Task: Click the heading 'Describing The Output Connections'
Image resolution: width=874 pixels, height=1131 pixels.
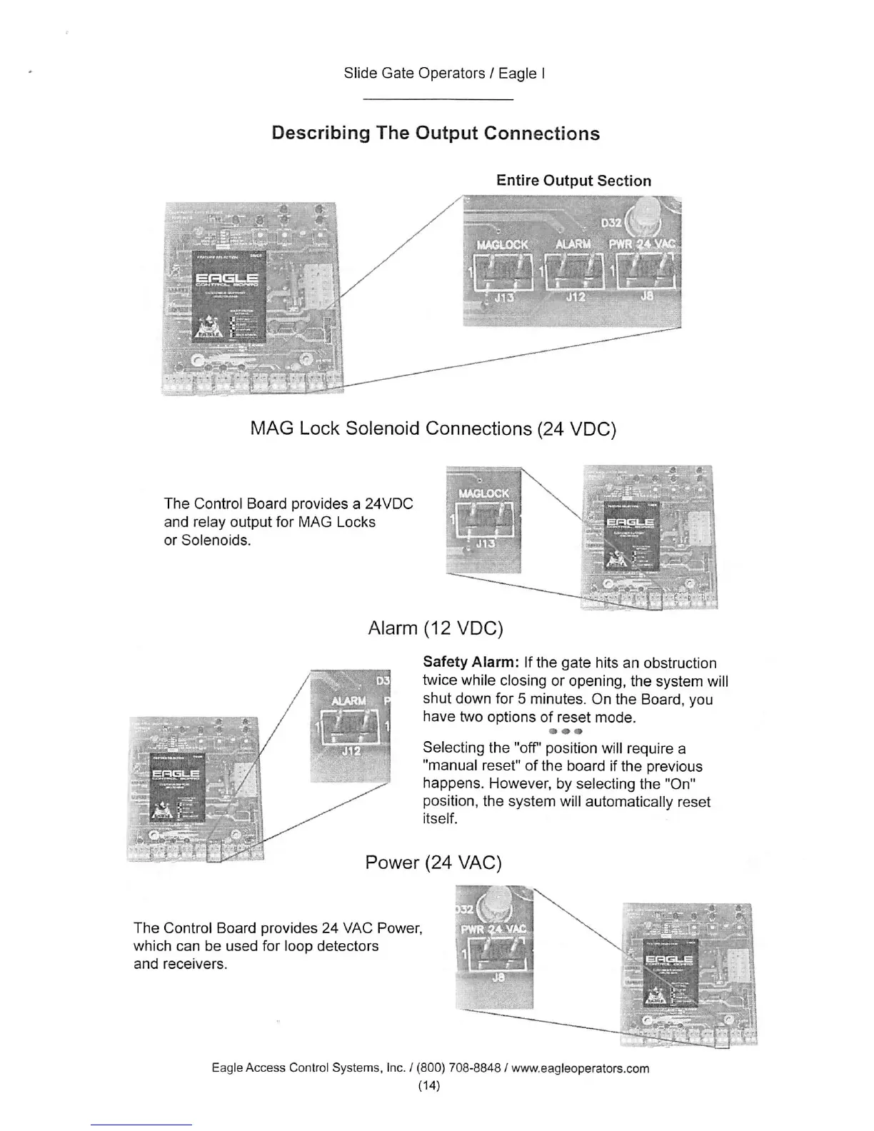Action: click(x=436, y=134)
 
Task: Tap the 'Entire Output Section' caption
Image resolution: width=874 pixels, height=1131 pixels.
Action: click(x=573, y=181)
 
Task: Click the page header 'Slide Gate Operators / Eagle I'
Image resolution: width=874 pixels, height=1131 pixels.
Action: click(x=444, y=73)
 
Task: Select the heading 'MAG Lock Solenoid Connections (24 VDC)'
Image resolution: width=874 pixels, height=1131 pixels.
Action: click(x=433, y=428)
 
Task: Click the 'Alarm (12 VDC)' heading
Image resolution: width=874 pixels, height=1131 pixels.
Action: click(x=435, y=628)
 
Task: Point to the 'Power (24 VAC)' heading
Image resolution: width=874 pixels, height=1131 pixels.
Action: click(x=433, y=863)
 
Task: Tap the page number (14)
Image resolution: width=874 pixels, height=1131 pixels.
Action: click(x=429, y=1085)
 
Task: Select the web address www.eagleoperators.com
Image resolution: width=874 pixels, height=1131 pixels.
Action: click(x=580, y=1068)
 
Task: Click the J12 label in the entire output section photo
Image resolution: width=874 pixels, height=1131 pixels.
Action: click(x=576, y=297)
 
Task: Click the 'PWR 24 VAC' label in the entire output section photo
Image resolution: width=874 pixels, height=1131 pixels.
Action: click(x=642, y=244)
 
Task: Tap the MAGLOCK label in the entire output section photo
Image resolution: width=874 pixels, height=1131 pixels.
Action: click(x=502, y=244)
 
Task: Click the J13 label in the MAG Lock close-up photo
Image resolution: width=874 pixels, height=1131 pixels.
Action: click(x=485, y=544)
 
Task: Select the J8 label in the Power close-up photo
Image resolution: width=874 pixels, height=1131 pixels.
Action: click(x=499, y=977)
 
